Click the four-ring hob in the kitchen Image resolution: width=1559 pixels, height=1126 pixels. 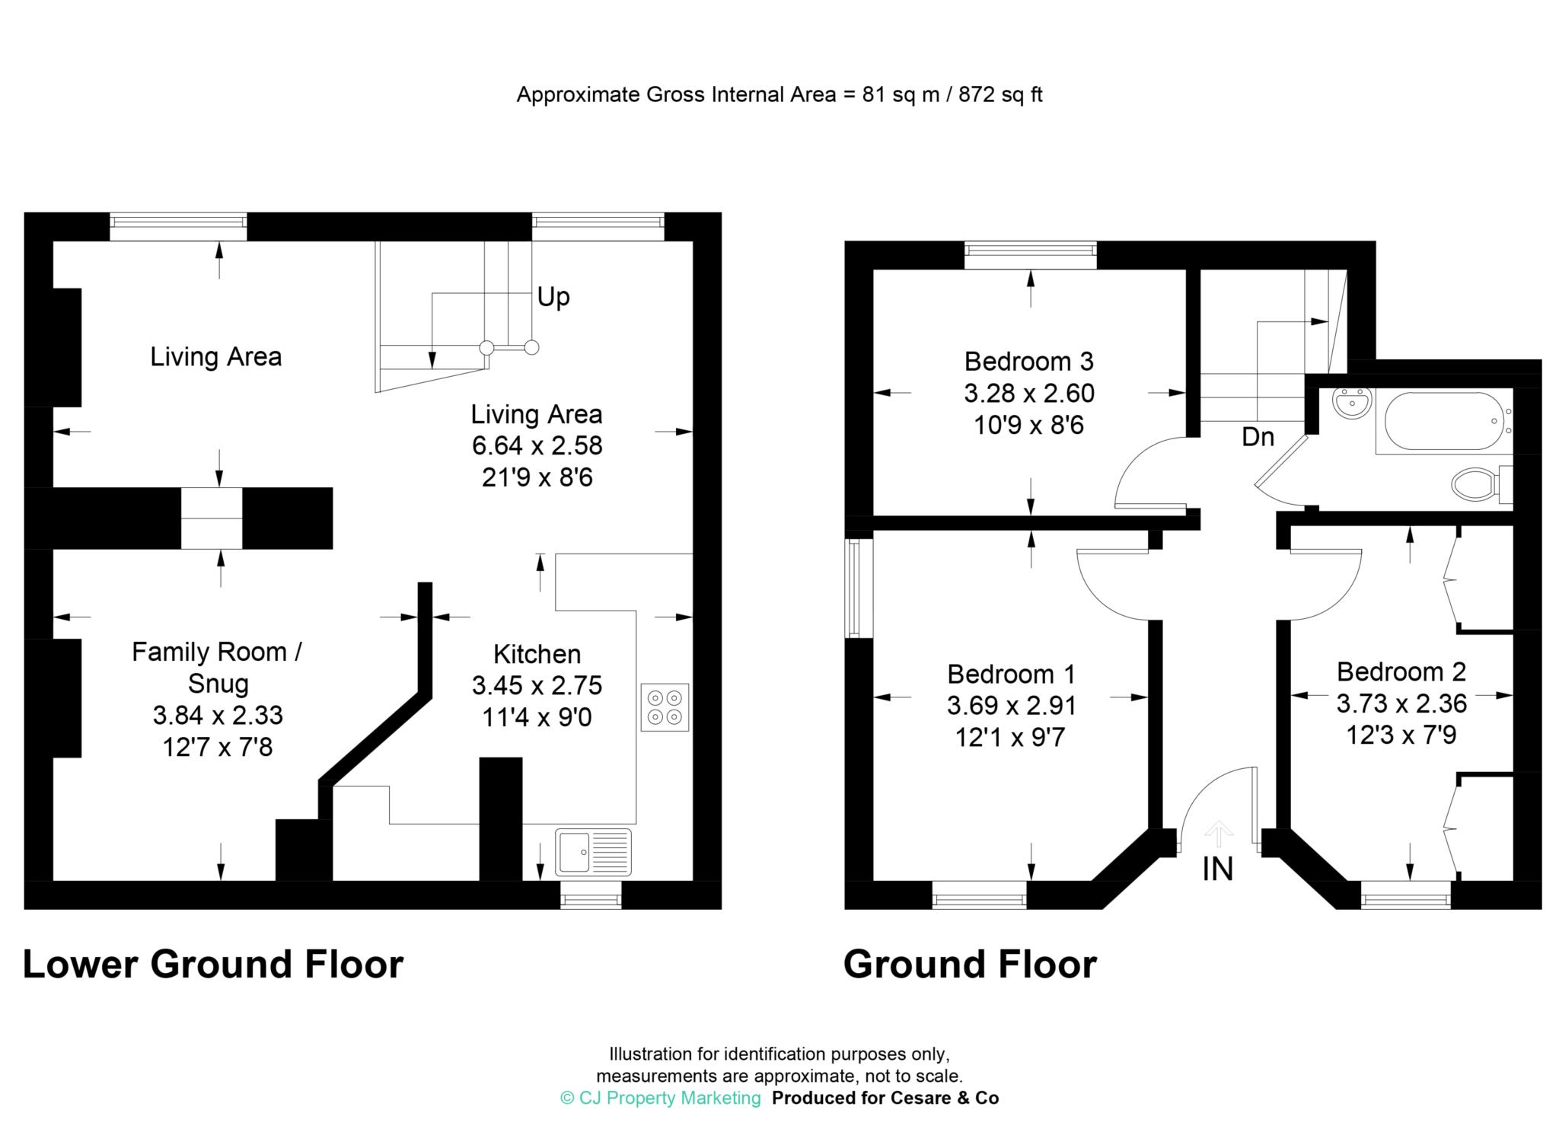(x=665, y=707)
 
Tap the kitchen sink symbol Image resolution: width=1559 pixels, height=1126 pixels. (x=593, y=850)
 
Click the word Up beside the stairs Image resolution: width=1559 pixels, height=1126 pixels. (x=553, y=296)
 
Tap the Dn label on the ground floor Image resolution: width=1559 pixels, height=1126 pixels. (x=1258, y=437)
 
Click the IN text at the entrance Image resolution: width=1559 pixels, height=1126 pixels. (x=1217, y=869)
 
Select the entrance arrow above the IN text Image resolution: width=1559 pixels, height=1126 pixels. (x=1219, y=833)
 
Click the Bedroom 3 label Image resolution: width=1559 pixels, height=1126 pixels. (x=1028, y=361)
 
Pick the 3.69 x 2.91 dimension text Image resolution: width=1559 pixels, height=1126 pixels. (x=1011, y=706)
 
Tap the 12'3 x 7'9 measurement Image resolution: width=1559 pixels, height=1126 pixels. (x=1401, y=735)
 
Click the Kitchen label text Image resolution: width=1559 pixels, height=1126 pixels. (x=537, y=654)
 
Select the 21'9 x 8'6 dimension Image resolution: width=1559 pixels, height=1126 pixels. (x=537, y=478)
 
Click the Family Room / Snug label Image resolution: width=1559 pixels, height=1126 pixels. (x=218, y=667)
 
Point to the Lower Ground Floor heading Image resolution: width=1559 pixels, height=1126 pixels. (x=213, y=964)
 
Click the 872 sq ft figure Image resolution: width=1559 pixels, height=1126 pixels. (x=999, y=94)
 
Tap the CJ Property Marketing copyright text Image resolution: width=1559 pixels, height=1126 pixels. (x=660, y=1098)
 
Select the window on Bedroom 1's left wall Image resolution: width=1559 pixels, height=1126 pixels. (x=854, y=588)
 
